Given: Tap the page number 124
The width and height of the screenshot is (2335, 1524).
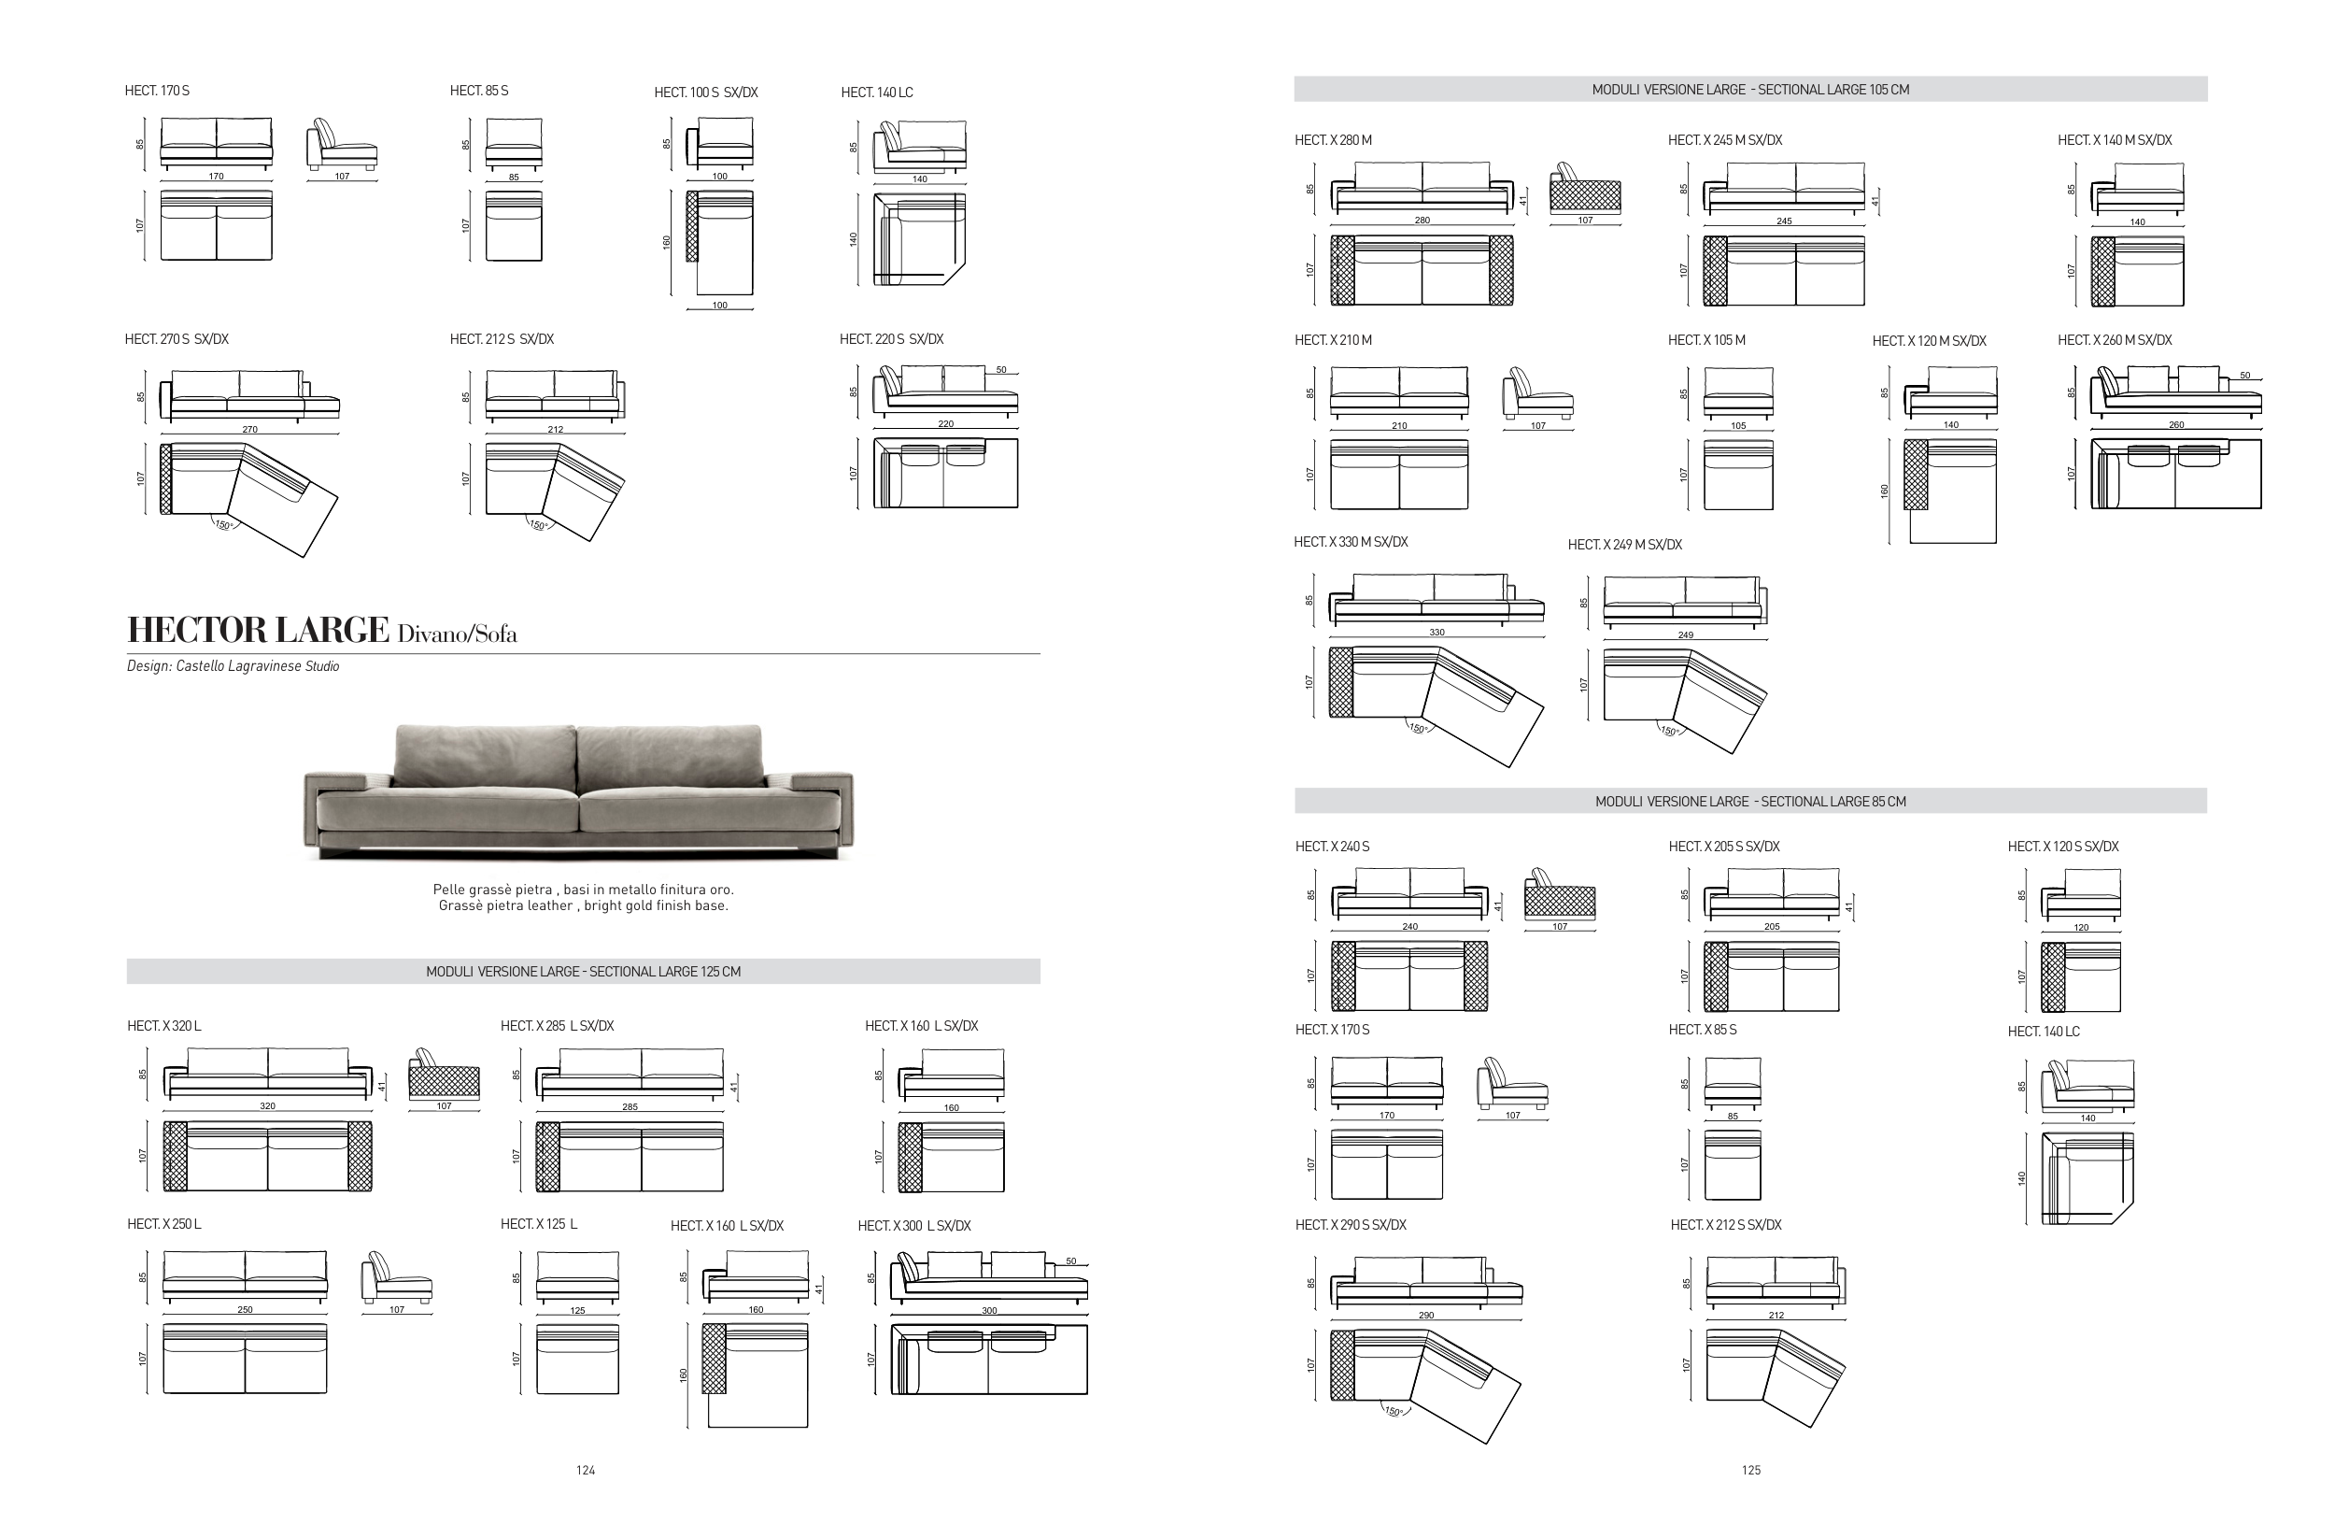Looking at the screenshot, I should click(586, 1470).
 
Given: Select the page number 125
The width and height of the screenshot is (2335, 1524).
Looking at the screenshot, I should click(1751, 1470).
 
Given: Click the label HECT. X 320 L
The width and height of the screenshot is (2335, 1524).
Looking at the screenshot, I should click(163, 1025).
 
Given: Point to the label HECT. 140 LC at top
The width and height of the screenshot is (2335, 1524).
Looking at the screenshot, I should click(876, 93).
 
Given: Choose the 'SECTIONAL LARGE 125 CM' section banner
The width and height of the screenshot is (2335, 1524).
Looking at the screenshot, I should click(583, 972).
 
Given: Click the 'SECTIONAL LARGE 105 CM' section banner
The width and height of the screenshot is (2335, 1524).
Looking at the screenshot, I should click(1750, 90).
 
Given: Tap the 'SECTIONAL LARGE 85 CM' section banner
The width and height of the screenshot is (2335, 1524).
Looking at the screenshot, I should click(1750, 801).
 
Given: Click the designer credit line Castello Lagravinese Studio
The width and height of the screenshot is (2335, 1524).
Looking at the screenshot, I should click(233, 666).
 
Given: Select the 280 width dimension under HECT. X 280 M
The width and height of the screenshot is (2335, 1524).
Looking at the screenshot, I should click(1422, 221).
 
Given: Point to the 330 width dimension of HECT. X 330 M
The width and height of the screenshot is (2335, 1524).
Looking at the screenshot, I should click(1436, 633).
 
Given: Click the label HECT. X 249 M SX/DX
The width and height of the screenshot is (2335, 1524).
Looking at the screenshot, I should click(1624, 545).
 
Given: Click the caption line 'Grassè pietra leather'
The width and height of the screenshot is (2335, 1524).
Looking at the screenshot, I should click(583, 905).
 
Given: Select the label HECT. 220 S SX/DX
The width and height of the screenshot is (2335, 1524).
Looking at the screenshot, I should click(891, 339).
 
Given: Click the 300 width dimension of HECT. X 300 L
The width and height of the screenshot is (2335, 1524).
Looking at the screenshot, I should click(989, 1311).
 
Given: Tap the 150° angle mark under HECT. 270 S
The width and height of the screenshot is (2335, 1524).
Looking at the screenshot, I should click(222, 525).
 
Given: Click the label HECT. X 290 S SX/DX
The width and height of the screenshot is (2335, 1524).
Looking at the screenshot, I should click(1350, 1225).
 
